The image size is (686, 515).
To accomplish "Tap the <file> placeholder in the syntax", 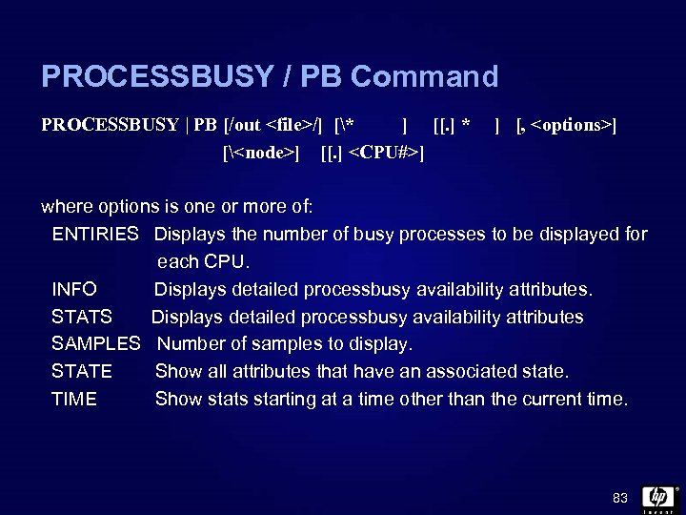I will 292,125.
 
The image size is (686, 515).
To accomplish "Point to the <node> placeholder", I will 263,153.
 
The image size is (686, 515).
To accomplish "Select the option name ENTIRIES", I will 96,235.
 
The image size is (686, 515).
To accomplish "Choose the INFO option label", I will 74,289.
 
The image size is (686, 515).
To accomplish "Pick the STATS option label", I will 82,317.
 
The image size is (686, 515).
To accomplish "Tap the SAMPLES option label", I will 96,343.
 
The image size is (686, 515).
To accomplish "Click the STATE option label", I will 82,371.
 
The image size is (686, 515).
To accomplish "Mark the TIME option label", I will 74,399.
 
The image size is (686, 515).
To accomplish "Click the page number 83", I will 620,498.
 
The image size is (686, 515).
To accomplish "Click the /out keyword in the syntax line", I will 244,125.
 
